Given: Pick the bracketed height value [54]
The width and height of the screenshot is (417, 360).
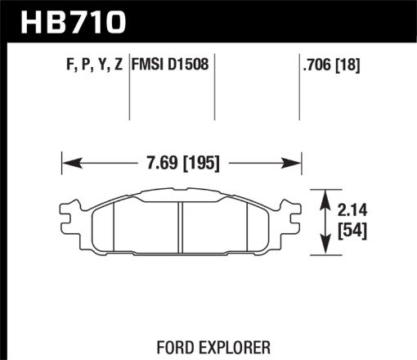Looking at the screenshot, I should [x=353, y=232].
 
